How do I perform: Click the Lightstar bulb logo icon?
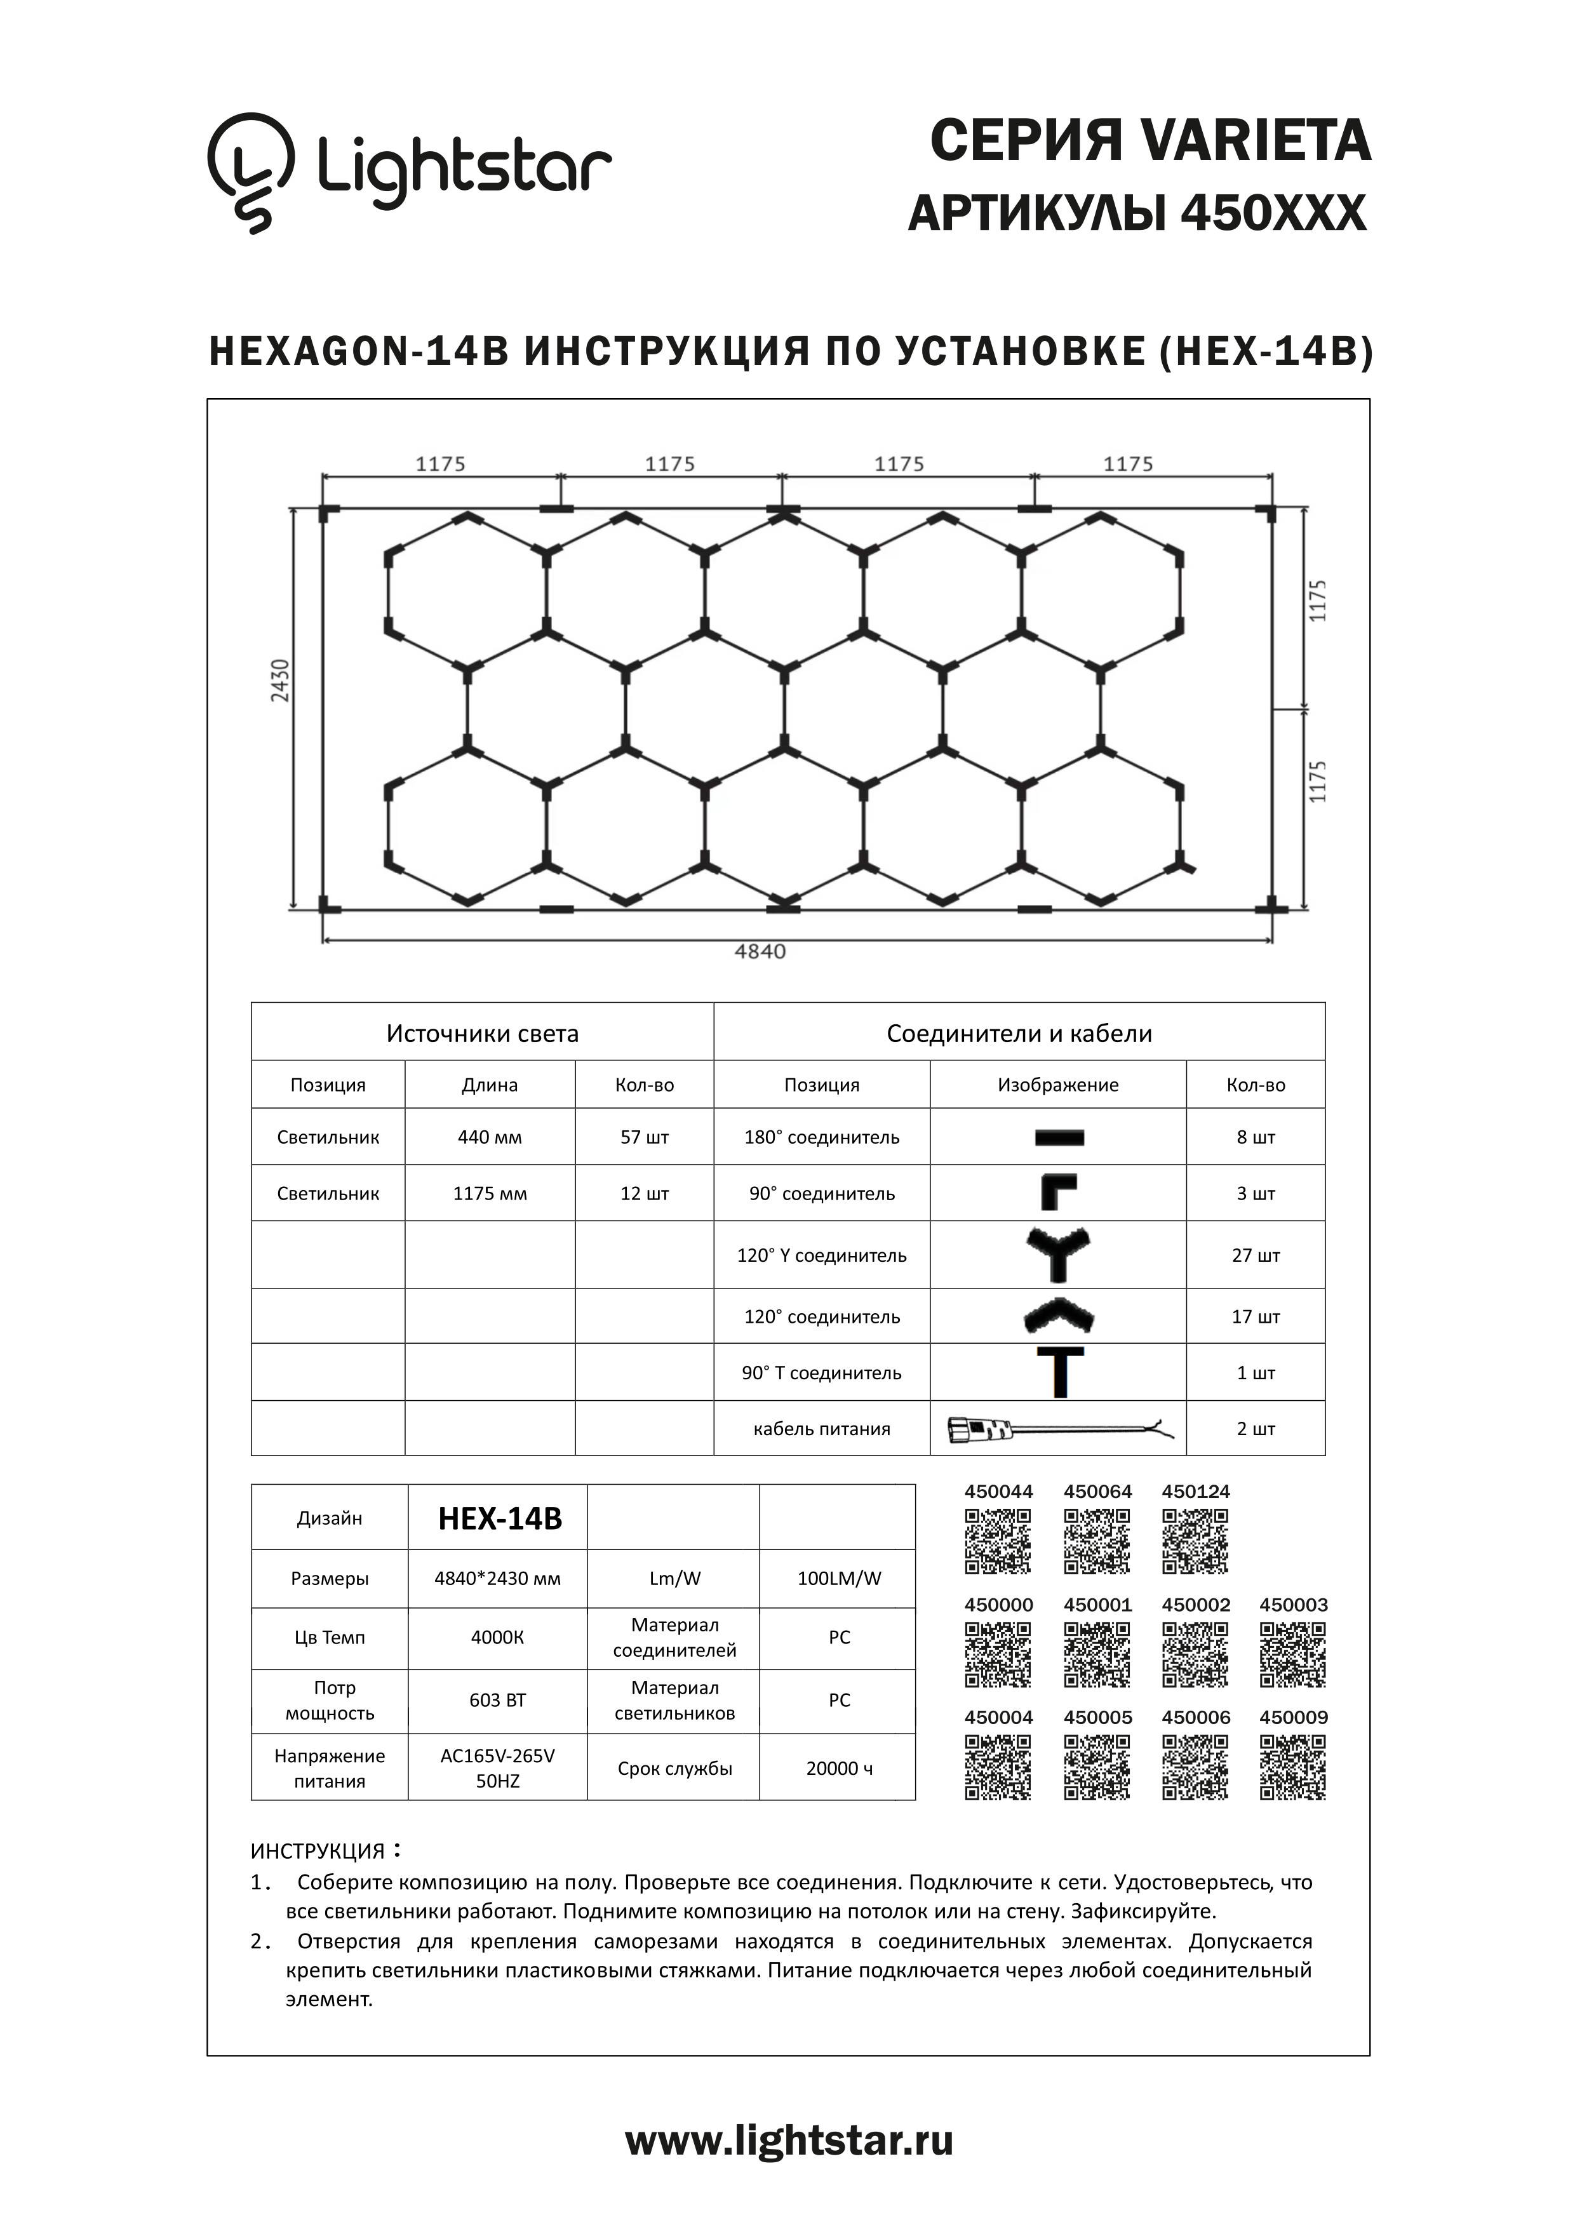tap(250, 173)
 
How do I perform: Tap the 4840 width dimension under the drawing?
tap(760, 951)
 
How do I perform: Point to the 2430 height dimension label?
tap(280, 680)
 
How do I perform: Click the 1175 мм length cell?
tap(490, 1193)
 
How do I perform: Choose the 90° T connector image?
tap(1060, 1372)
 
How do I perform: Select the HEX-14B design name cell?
tap(499, 1518)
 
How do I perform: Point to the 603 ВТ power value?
tap(497, 1701)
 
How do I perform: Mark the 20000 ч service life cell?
tap(839, 1769)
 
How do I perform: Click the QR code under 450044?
tap(998, 1541)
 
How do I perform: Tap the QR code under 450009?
tap(1293, 1767)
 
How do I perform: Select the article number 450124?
tap(1196, 1492)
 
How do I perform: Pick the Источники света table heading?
tap(482, 1033)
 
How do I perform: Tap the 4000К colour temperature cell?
tap(497, 1637)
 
